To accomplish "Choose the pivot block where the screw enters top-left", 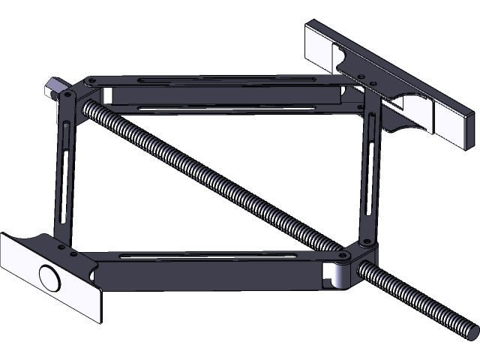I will pyautogui.click(x=69, y=97).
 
